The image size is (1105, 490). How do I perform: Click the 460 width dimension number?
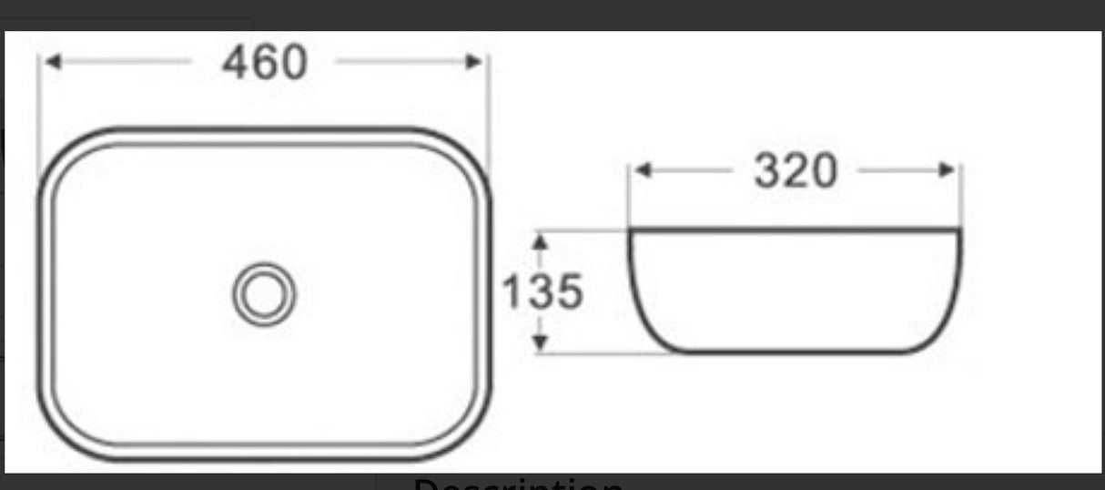point(265,62)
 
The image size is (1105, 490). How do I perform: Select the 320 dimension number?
point(794,170)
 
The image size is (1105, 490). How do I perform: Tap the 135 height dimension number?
point(542,292)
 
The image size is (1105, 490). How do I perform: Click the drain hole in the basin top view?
point(264,293)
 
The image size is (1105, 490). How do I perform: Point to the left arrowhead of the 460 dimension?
point(53,62)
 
